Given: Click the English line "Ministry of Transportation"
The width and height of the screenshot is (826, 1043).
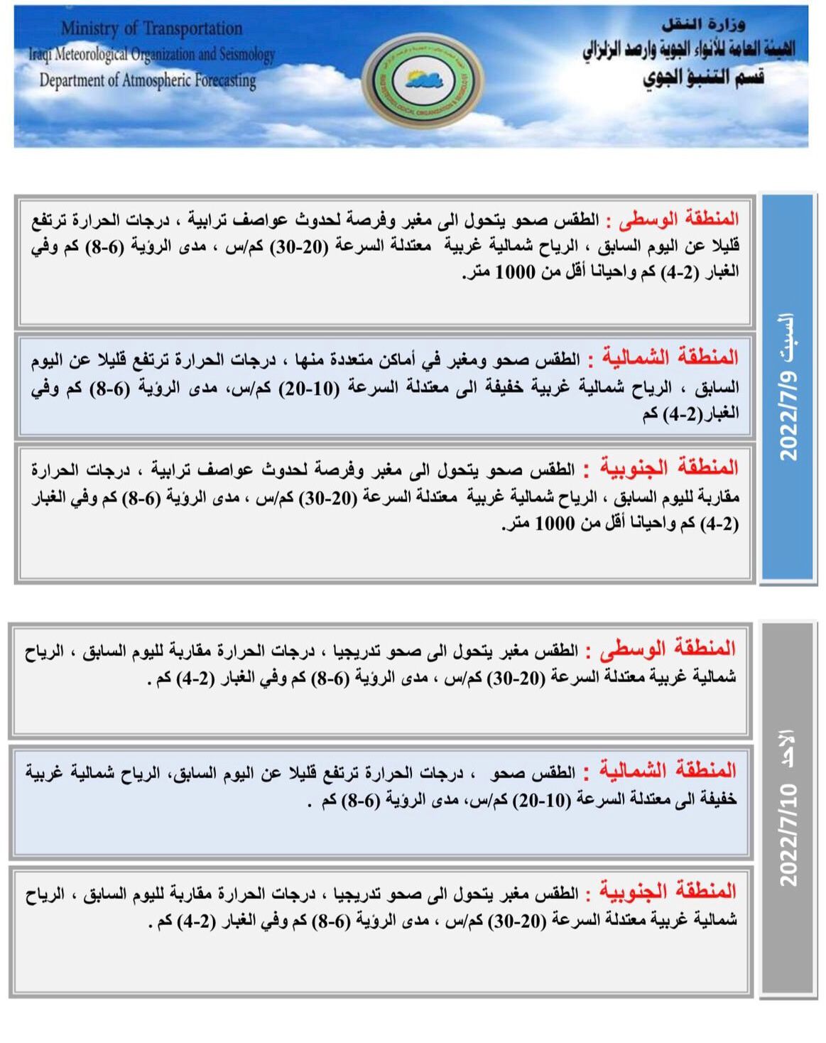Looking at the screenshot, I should click(x=151, y=28).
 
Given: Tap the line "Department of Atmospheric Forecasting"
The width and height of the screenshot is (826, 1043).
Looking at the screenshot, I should click(x=148, y=80).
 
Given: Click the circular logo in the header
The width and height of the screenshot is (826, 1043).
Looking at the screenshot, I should click(x=423, y=79).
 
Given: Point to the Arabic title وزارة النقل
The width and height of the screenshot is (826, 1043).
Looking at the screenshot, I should click(x=703, y=25).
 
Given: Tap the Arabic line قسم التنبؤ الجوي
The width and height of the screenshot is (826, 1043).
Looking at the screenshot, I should click(x=703, y=77).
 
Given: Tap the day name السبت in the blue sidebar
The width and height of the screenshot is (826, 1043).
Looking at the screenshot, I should click(x=788, y=337).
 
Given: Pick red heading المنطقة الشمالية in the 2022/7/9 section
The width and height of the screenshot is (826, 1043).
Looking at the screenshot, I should click(x=670, y=357).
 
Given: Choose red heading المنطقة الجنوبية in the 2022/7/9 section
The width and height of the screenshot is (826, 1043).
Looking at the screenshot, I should click(x=669, y=468).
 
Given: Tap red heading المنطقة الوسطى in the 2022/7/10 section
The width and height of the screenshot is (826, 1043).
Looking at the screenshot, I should click(x=667, y=648).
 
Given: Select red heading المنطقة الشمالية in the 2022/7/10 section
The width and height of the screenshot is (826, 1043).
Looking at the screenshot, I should click(x=668, y=770).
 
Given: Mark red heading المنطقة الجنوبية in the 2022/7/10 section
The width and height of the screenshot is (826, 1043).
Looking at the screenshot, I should click(x=668, y=891).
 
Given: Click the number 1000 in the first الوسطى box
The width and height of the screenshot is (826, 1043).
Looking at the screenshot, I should click(x=515, y=271).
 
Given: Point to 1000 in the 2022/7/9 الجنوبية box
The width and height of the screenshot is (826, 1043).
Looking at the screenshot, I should click(x=554, y=524).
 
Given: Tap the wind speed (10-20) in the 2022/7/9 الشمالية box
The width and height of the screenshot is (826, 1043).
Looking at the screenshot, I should click(x=308, y=388).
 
